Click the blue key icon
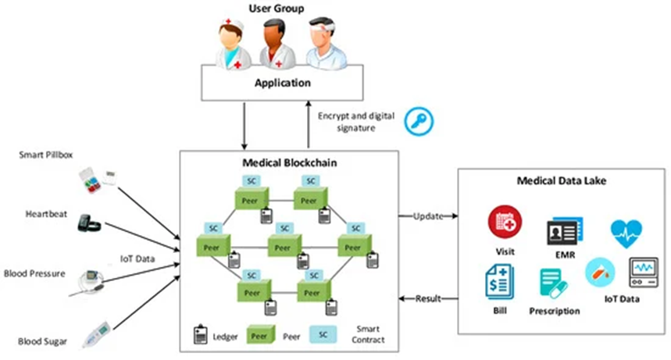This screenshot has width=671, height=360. (419, 122)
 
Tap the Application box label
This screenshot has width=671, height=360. (283, 83)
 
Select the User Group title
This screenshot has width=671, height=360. (277, 9)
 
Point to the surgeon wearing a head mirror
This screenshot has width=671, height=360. (325, 44)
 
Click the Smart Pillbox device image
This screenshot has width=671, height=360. (98, 180)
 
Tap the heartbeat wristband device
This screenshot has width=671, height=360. (89, 223)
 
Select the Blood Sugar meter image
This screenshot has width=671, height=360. (96, 334)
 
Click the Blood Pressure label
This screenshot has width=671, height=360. (34, 273)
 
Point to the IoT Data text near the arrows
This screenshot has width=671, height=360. (137, 259)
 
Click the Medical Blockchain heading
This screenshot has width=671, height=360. (290, 162)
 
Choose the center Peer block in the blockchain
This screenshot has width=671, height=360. (284, 246)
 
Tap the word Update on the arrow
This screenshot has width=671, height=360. (428, 216)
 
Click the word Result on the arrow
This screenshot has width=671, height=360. (428, 298)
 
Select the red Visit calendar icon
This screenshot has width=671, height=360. (505, 222)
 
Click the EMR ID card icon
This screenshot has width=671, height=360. (565, 232)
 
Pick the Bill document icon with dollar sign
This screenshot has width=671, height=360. (500, 282)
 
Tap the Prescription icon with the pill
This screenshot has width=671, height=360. (554, 283)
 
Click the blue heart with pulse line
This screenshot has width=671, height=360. (626, 233)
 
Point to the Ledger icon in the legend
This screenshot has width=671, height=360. (200, 335)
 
